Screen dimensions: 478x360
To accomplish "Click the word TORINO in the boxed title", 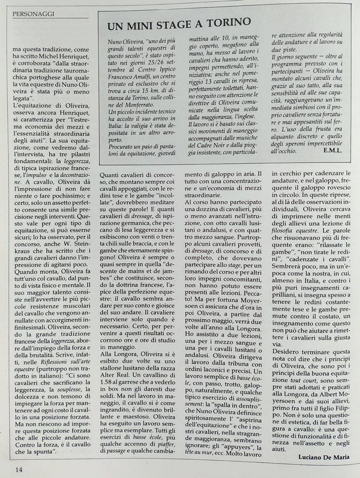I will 226,25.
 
